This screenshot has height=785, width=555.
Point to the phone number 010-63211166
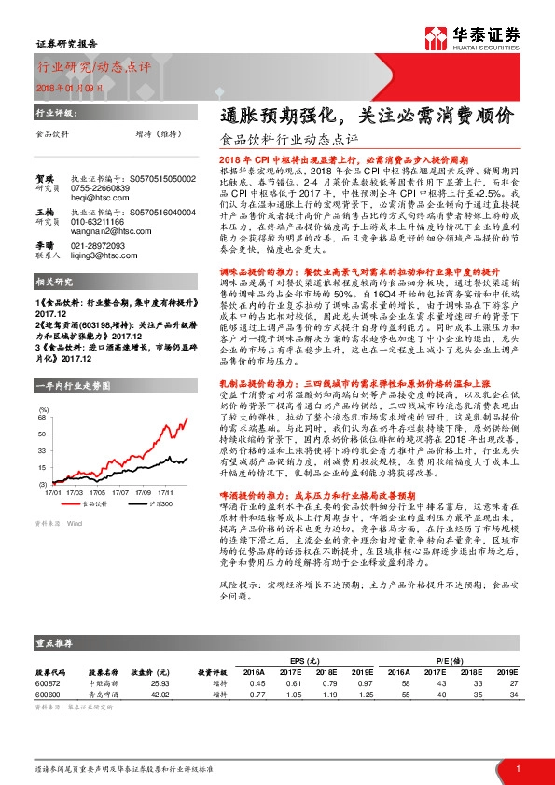pyautogui.click(x=99, y=223)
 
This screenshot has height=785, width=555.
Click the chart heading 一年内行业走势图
pyautogui.click(x=72, y=385)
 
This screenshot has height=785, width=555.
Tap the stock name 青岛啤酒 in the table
pyautogui.click(x=103, y=695)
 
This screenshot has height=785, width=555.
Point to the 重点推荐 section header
pyautogui.click(x=55, y=643)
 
